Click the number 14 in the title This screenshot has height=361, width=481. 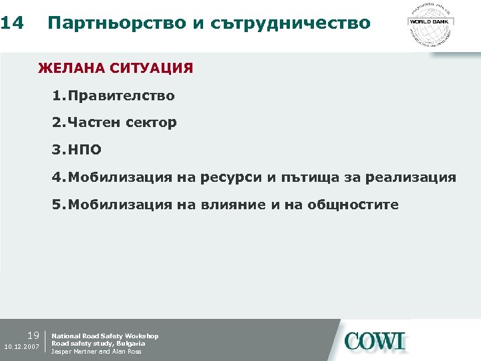tap(13, 23)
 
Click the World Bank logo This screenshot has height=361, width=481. tap(430, 23)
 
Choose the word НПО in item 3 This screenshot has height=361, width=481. tap(84, 150)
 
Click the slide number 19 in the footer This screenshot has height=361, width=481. tap(33, 335)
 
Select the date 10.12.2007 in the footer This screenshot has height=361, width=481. tap(21, 347)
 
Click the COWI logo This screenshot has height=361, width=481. tap(375, 340)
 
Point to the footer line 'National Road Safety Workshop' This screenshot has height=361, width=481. tap(105, 336)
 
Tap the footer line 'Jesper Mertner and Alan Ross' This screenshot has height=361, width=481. tap(96, 352)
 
